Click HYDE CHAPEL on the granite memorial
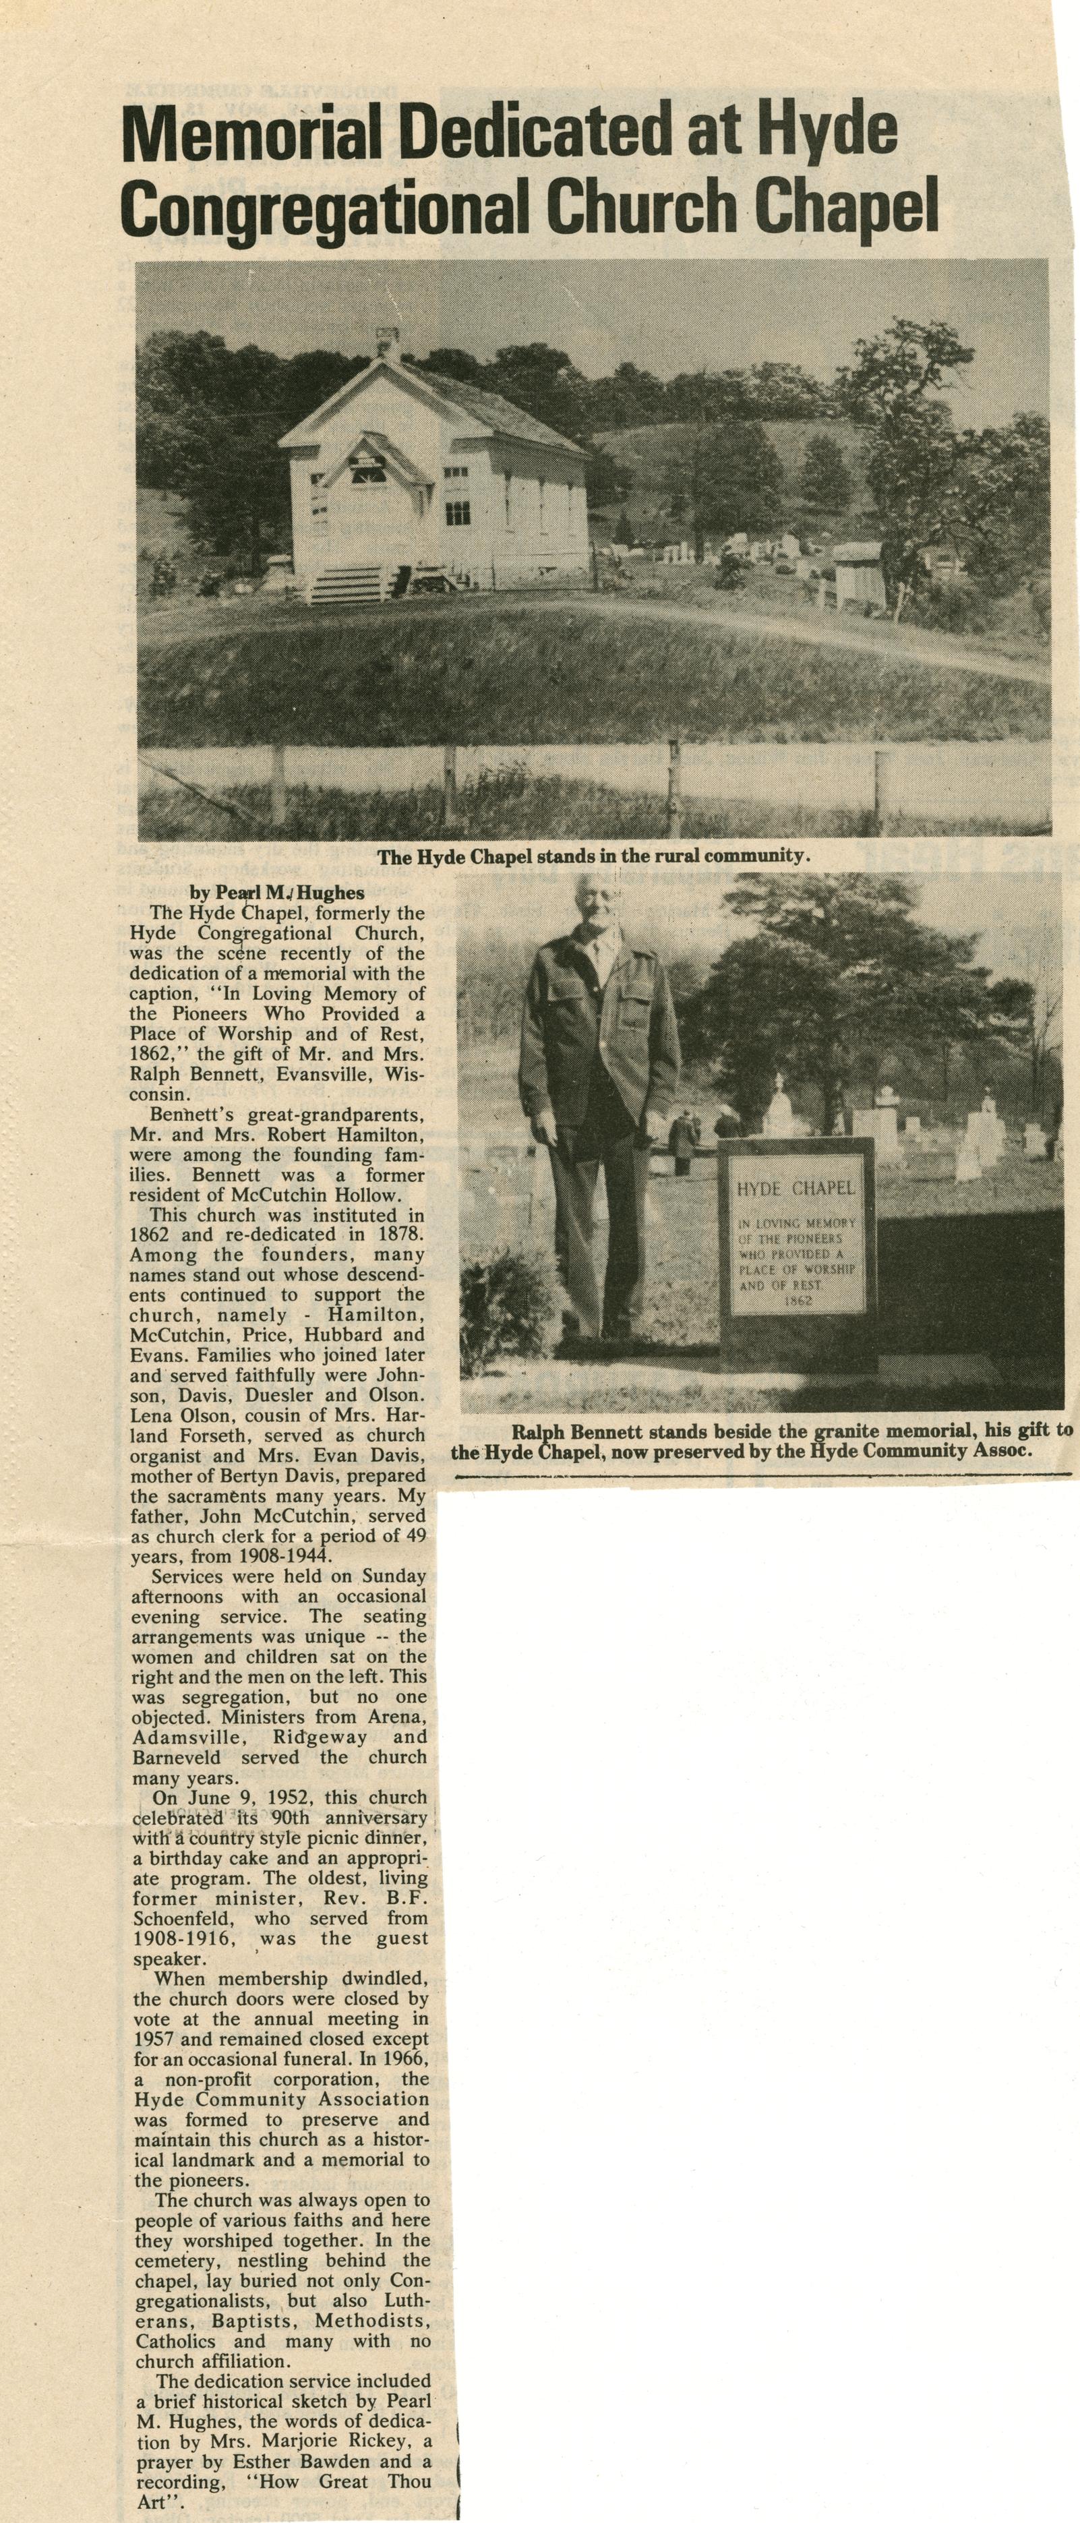[796, 1188]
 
